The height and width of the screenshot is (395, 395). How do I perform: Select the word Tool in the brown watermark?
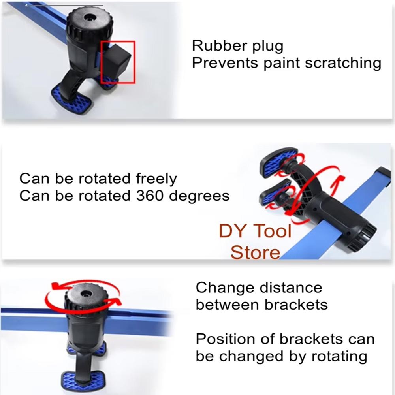click(272, 231)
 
